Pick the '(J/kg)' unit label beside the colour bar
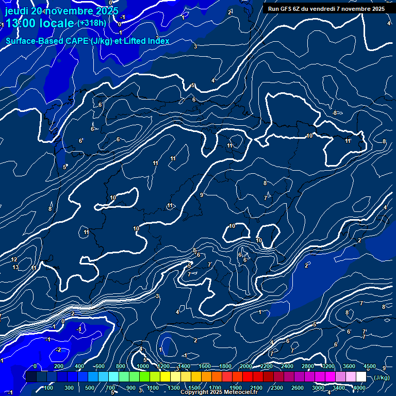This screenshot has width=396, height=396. click(382, 377)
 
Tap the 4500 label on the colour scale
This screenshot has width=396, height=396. click(369, 366)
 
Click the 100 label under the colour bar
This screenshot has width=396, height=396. click(49, 388)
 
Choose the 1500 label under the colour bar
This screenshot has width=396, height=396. click(194, 388)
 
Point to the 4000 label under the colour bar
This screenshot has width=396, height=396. click(359, 388)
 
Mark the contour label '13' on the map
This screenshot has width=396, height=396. click(15, 267)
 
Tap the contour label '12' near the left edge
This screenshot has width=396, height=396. click(14, 259)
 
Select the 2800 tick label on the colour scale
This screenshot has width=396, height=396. click(307, 366)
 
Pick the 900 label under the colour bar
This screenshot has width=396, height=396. click(131, 388)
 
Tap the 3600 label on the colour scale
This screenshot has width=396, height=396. click(349, 366)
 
